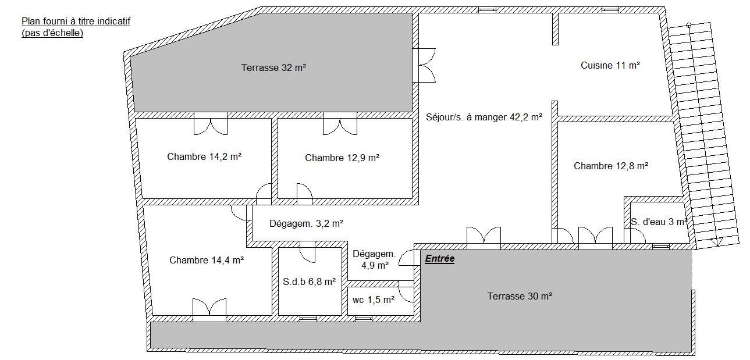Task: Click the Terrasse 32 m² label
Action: [x=273, y=67]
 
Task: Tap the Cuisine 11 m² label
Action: [x=610, y=65]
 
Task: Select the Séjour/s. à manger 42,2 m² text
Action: [x=484, y=117]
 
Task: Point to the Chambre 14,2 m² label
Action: [x=204, y=156]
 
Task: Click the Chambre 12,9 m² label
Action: [x=342, y=158]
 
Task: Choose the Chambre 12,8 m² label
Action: [x=611, y=166]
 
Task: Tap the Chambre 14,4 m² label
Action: [x=206, y=260]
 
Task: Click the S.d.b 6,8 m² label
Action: [x=309, y=281]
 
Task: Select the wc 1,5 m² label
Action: [x=374, y=300]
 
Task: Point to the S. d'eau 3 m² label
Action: [x=659, y=222]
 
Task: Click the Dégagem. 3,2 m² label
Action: [x=307, y=223]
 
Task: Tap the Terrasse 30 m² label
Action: [x=520, y=296]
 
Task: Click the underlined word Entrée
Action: [x=440, y=259]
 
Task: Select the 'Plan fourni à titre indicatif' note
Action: [x=76, y=22]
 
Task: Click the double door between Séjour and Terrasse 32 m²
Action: [x=424, y=65]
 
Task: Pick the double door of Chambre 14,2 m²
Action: [x=211, y=124]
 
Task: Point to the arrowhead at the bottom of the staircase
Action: [x=716, y=242]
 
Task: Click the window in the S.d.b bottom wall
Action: [x=308, y=319]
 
